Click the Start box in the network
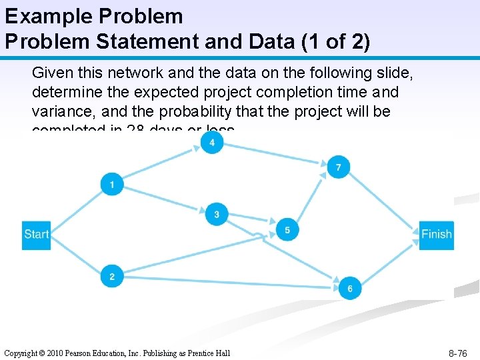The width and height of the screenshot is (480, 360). [x=36, y=234]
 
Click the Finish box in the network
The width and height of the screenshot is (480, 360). [x=437, y=234]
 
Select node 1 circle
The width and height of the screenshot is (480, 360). [x=111, y=184]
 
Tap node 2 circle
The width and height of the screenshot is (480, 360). [x=111, y=276]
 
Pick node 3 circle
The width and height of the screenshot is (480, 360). [x=217, y=214]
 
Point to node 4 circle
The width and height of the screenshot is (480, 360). [x=212, y=143]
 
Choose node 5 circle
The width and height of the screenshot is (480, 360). [x=287, y=230]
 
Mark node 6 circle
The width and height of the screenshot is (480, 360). [x=350, y=288]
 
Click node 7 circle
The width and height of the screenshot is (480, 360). [x=339, y=167]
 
